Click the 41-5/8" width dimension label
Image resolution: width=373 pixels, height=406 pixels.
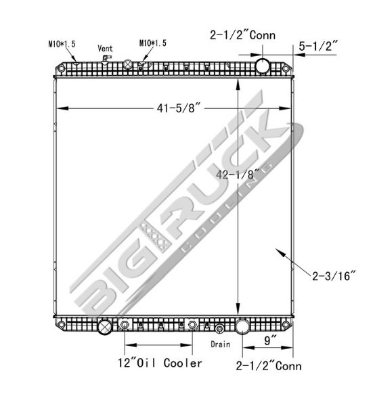click(x=179, y=108)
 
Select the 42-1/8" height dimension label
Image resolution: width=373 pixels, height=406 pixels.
click(x=238, y=175)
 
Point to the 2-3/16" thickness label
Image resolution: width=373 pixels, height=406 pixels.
click(x=334, y=276)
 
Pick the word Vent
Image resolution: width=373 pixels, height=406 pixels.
click(x=105, y=49)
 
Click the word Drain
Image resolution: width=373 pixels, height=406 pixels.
click(x=221, y=344)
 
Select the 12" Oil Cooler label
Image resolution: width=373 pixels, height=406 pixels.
click(x=160, y=363)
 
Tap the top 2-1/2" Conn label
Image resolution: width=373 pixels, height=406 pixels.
click(x=242, y=35)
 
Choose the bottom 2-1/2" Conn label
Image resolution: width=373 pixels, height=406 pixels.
click(x=269, y=366)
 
